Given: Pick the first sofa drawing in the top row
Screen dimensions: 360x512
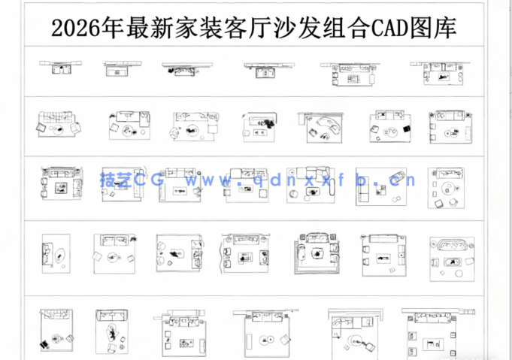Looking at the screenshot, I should [56, 68].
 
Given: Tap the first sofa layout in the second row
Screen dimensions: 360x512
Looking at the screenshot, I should [56, 123].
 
